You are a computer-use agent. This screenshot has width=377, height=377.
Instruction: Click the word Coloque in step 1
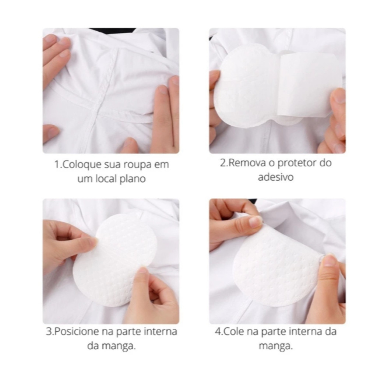(x=82, y=165)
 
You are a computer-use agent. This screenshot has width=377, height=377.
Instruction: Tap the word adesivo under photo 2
(x=276, y=177)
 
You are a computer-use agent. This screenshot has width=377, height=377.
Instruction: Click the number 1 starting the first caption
(x=57, y=165)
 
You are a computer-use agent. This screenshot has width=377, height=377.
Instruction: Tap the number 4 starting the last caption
(x=218, y=332)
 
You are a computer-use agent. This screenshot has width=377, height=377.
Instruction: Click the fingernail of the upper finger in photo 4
(x=256, y=221)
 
